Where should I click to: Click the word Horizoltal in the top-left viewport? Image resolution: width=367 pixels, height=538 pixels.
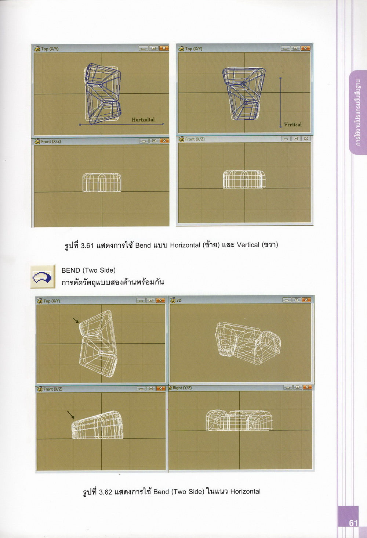pos(143,119)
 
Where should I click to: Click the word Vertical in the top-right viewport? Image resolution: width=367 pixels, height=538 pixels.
pos(292,125)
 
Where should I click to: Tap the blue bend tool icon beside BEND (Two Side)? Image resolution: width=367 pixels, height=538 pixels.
pos(42,277)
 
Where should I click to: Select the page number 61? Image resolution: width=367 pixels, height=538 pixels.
pos(353,523)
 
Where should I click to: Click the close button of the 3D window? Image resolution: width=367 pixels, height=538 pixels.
pos(306,300)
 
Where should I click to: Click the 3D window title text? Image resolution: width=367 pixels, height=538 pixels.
pos(179,300)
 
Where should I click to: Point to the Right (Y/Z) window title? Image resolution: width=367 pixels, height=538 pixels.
pos(182,388)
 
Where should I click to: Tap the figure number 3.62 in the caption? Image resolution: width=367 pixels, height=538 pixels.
pos(106,492)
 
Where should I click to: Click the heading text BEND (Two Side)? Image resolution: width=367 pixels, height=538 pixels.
pos(88,270)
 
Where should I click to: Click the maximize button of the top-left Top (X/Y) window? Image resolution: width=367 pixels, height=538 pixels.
pos(153,48)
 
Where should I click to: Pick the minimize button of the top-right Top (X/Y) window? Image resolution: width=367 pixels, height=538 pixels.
pos(286,48)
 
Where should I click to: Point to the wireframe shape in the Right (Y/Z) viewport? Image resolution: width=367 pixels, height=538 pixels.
pos(239,420)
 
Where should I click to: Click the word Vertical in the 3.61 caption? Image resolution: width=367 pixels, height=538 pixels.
pos(248,245)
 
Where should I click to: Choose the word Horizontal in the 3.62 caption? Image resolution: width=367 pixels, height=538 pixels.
pos(246,492)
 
